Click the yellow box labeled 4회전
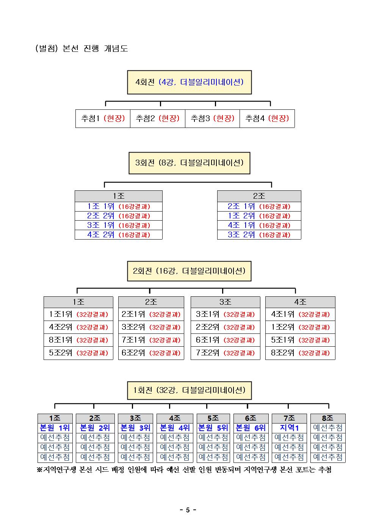click(189, 82)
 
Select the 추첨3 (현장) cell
click(213, 118)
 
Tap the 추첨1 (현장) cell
click(103, 118)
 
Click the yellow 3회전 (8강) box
click(189, 163)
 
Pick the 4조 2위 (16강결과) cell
click(119, 235)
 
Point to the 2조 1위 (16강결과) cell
click(259, 207)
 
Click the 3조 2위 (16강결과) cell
click(259, 235)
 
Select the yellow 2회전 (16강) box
click(189, 271)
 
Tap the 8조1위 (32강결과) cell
click(78, 340)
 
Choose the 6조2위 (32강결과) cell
click(151, 353)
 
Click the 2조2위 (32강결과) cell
click(225, 327)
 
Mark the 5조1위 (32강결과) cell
click(300, 340)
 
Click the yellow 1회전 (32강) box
click(189, 391)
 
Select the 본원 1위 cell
click(55, 428)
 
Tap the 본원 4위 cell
click(175, 428)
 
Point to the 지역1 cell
click(289, 428)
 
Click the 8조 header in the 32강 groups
click(328, 418)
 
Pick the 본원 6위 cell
click(251, 428)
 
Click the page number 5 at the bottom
click(188, 510)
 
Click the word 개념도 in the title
click(116, 48)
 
